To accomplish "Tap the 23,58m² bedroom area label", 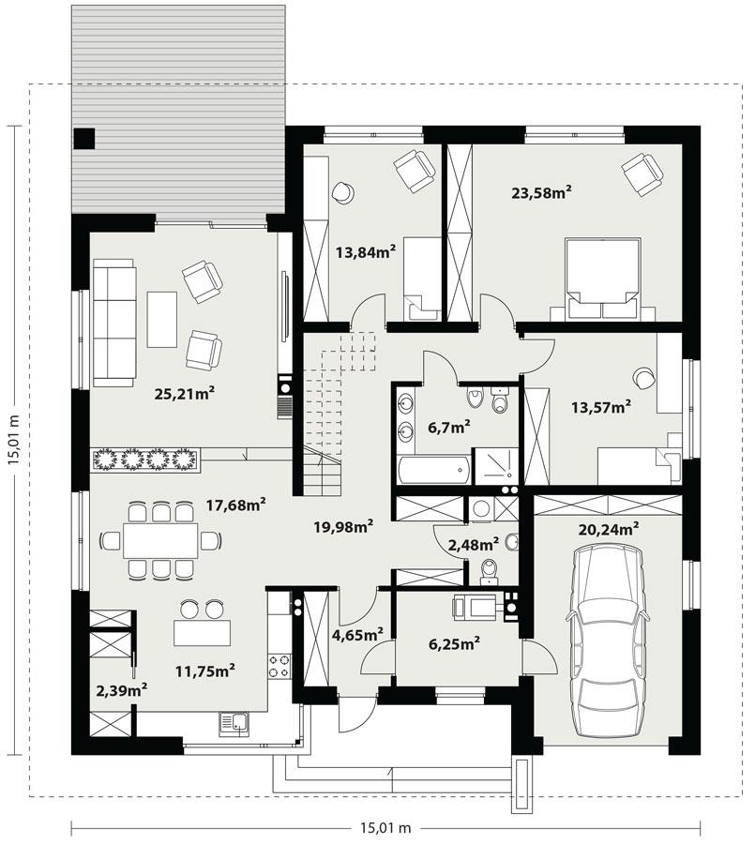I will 541,193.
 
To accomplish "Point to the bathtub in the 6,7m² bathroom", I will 432,469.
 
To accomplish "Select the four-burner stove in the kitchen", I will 279,667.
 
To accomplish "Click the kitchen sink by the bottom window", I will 234,722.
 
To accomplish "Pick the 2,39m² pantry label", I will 121,690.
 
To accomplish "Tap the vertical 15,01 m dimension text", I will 13,441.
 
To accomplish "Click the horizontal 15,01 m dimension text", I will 385,828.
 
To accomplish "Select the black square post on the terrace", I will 84,138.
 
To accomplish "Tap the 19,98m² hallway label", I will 343,526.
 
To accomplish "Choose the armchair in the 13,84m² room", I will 414,170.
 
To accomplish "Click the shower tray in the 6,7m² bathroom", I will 495,467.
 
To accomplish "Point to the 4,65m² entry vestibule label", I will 357,635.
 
